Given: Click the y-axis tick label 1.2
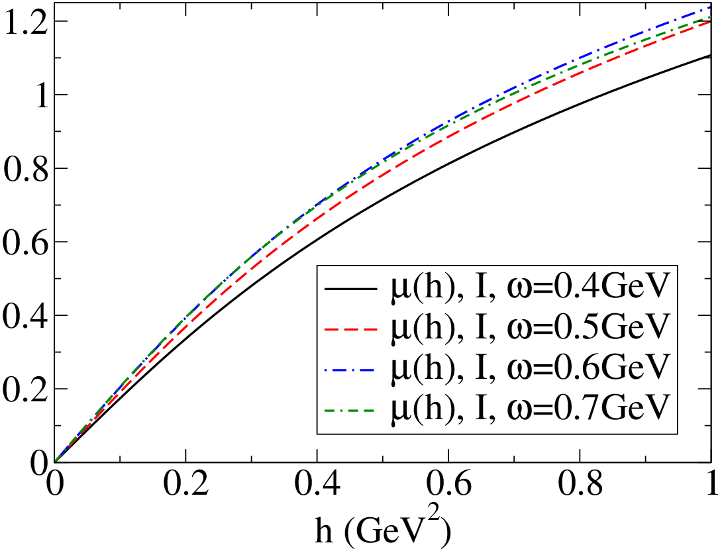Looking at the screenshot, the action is coord(25,21).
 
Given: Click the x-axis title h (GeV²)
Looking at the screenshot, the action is coord(382,530).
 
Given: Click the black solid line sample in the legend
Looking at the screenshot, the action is coord(351,289).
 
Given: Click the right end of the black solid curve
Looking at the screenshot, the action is coord(711,56).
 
